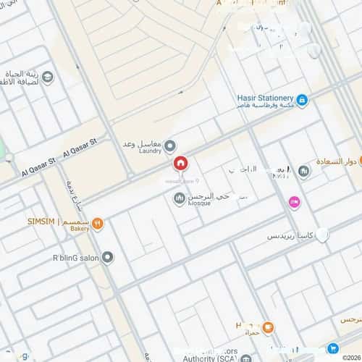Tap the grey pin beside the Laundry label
point(170,146)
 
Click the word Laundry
point(150,151)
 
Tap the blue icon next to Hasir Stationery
point(302,100)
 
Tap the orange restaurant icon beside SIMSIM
point(98,224)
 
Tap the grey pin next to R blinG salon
point(108,256)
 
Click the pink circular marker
point(294,202)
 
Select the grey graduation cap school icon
point(48,77)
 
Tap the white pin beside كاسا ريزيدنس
point(323,235)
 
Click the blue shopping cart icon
point(334,348)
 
